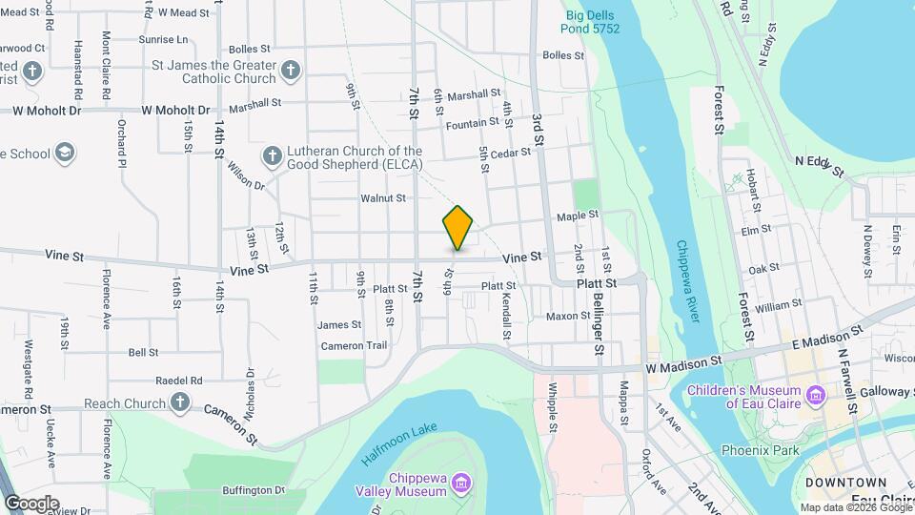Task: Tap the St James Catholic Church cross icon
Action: tap(291, 70)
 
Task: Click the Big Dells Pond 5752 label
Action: tap(593, 22)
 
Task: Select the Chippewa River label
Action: tap(688, 281)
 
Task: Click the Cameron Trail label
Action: tap(354, 345)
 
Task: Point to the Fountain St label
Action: tap(472, 123)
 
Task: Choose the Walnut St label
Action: tap(383, 198)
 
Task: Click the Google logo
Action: tap(31, 503)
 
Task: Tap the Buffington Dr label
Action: tap(254, 490)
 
